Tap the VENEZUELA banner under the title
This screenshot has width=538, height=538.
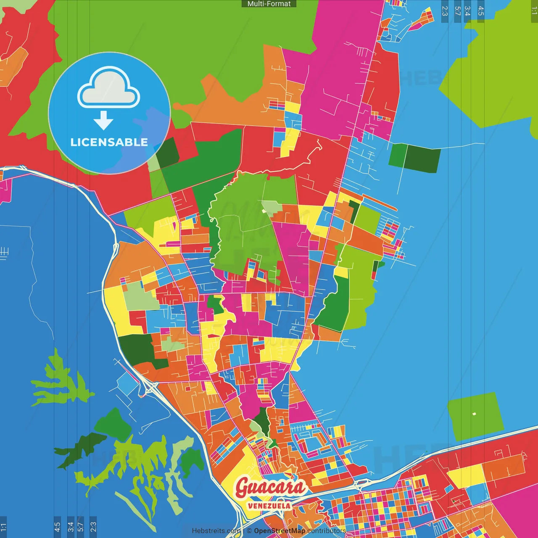[269, 506]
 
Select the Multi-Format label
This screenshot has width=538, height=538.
[269, 4]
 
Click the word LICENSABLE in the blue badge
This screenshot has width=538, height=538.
[109, 142]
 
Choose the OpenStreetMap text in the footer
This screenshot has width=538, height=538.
[280, 531]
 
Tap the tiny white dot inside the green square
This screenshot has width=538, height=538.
[474, 414]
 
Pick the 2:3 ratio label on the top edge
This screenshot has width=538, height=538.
[445, 11]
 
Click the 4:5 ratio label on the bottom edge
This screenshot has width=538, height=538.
[57, 527]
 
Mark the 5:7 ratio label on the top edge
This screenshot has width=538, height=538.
[457, 11]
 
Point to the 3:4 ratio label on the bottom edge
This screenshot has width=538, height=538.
[70, 527]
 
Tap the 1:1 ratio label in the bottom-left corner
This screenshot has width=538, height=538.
[3, 527]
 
